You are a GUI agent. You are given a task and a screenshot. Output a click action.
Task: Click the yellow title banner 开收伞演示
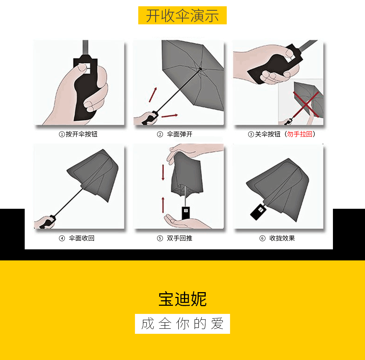click(x=182, y=15)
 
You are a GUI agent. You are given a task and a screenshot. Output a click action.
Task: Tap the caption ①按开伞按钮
click(x=78, y=134)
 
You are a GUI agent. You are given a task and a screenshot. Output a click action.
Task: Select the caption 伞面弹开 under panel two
click(x=180, y=134)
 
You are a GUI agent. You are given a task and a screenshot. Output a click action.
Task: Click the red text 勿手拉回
click(x=300, y=134)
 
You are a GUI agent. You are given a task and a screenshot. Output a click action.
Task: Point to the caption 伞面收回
click(x=81, y=238)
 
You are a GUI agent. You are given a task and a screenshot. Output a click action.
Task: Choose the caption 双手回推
click(x=180, y=238)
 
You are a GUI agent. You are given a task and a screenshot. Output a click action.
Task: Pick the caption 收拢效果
click(x=282, y=238)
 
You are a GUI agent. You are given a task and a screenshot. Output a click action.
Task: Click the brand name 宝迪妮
click(x=182, y=299)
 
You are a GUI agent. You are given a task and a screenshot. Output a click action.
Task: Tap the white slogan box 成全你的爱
click(x=182, y=324)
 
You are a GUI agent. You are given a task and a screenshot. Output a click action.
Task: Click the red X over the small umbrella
click(x=306, y=104)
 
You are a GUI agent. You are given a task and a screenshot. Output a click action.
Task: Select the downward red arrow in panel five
click(x=163, y=173)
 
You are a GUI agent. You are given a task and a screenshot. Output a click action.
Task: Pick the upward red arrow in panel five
click(x=163, y=205)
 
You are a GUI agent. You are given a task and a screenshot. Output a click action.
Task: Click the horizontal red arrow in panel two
click(x=170, y=115)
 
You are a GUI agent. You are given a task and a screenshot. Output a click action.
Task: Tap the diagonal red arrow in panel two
click(x=153, y=94)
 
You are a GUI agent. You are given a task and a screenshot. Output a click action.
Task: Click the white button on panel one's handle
click(x=85, y=68)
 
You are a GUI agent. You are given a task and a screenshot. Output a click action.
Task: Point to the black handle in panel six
click(x=258, y=211)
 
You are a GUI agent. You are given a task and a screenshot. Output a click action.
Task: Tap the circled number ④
click(x=62, y=238)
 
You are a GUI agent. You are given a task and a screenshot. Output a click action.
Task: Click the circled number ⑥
click(x=263, y=238)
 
